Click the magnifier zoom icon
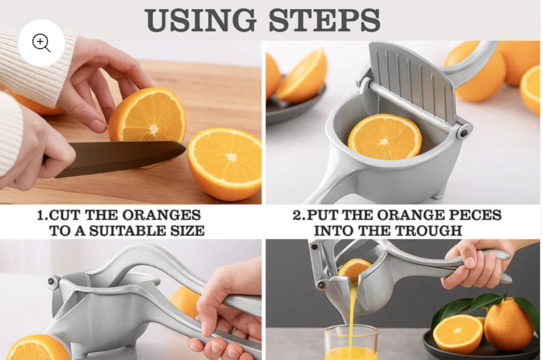41,43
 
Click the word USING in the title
200,20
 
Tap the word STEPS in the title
324,20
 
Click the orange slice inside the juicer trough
384,137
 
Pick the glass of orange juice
351,343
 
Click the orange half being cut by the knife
148,116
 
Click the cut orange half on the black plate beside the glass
458,333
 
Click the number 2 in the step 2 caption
297,215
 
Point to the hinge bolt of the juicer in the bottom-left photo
52,281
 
